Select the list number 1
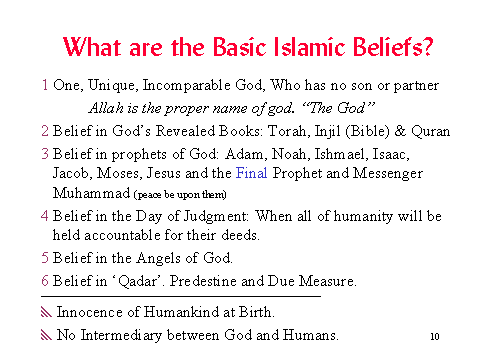[45, 85]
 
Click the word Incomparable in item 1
[186, 86]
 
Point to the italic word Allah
[106, 108]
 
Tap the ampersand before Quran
[400, 131]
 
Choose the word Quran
[430, 131]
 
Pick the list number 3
[45, 154]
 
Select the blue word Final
[252, 173]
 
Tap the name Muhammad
[91, 193]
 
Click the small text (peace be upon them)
[180, 194]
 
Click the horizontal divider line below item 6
[181, 296]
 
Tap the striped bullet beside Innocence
[46, 312]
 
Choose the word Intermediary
[121, 335]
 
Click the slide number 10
[435, 336]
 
